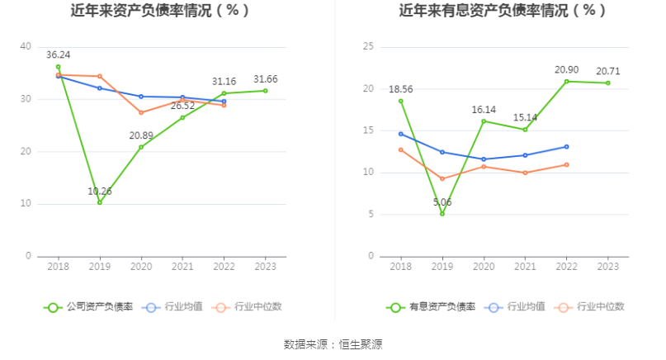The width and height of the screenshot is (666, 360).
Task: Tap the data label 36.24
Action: tap(58, 54)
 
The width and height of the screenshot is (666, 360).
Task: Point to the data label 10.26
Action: tap(100, 192)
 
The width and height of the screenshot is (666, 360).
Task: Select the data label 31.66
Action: tap(266, 79)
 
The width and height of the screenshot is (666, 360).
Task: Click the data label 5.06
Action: tap(442, 202)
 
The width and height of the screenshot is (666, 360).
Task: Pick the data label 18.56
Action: tap(400, 89)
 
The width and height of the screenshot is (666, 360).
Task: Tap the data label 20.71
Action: tap(608, 72)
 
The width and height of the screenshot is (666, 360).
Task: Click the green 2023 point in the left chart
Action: tap(266, 91)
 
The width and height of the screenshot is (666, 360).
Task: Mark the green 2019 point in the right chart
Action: tap(442, 214)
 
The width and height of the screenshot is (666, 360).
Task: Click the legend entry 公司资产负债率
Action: tap(88, 307)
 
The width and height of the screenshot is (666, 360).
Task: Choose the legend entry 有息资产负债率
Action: tap(432, 307)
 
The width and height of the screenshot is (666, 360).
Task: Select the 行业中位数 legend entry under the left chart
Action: tap(247, 307)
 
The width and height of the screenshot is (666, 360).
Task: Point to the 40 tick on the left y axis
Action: tap(26, 47)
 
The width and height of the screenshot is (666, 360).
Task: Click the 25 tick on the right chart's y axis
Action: tap(368, 47)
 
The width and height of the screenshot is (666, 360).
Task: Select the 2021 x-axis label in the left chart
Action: tap(182, 266)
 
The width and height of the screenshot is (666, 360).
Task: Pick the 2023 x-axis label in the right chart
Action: tap(608, 266)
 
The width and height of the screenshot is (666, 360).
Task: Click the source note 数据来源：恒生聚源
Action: tap(333, 344)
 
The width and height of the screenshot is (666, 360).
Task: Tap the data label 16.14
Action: tap(484, 110)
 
